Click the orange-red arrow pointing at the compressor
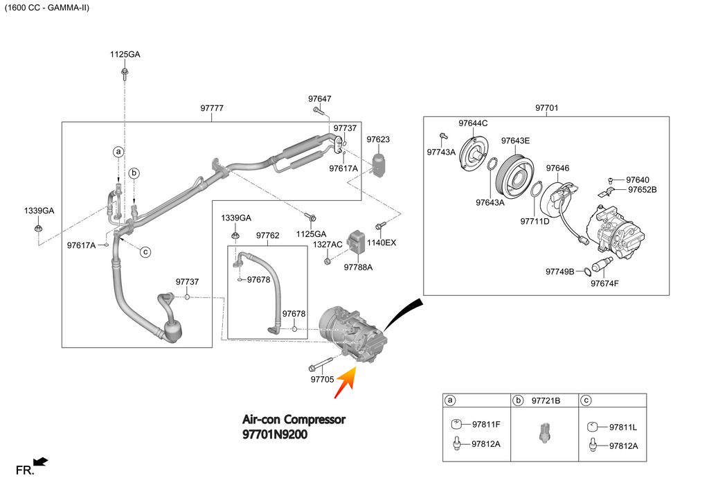tap(346, 382)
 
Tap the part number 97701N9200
tap(275, 434)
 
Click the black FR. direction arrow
tap(41, 461)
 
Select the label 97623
tap(378, 139)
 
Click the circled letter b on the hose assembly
tap(134, 173)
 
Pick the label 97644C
tap(473, 123)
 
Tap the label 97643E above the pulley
tap(515, 141)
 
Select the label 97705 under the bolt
tap(323, 379)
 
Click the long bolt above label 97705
tap(321, 364)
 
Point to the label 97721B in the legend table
tap(546, 401)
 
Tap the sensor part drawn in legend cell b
tap(544, 432)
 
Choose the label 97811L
tap(623, 427)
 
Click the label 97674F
tap(604, 283)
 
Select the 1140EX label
tap(382, 242)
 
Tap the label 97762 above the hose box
tap(268, 236)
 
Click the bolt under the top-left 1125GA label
tap(125, 74)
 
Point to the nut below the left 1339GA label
tap(38, 227)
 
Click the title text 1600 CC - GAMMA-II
tap(47, 8)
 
